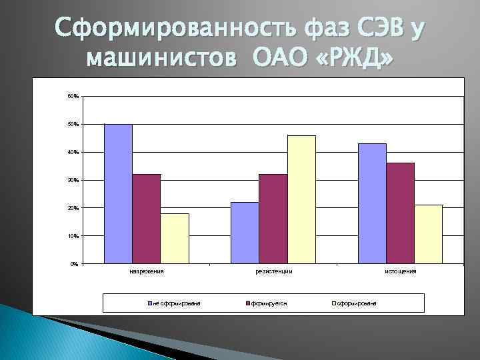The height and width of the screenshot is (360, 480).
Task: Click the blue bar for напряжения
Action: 118,194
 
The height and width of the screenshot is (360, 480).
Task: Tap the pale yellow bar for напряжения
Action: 175,238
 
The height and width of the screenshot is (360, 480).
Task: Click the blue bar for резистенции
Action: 245,233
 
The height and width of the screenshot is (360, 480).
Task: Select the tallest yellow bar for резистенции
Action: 301,199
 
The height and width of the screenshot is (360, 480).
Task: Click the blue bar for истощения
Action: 371,203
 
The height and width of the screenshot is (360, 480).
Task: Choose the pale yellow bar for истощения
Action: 428,234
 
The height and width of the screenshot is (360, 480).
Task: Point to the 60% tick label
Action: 73,97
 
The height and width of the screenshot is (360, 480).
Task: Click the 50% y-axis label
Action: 73,125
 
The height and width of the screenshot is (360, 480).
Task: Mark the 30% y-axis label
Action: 73,181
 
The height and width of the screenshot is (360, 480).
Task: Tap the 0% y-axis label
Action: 74,264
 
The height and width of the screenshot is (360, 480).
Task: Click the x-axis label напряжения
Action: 146,272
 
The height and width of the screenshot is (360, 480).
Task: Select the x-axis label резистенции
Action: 273,272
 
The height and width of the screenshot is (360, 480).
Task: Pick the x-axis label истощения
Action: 400,272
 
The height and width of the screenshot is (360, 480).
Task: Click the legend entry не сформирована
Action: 176,303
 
